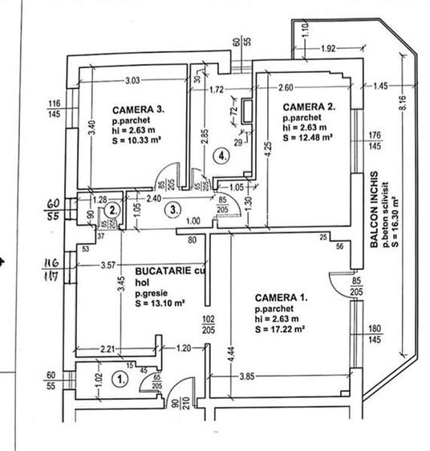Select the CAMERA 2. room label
[x=309, y=106]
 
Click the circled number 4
[x=222, y=157]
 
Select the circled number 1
[x=120, y=381]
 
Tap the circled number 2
[x=114, y=210]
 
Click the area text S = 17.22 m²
[x=282, y=329]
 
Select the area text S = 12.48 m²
[x=309, y=137]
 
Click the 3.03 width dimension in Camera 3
[x=133, y=80]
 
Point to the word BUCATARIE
[x=164, y=272]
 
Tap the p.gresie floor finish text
[x=153, y=293]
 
